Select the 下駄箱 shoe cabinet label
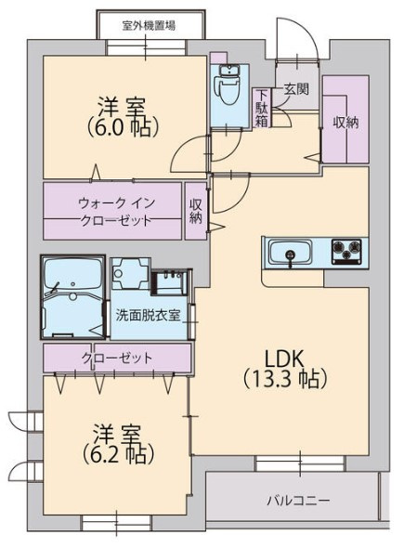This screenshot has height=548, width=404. point(264,107)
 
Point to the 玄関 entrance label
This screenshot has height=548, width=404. point(296,90)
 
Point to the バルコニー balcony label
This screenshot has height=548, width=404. point(298,501)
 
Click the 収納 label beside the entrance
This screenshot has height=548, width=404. point(345,123)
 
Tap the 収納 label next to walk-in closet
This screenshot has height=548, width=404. point(196,211)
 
